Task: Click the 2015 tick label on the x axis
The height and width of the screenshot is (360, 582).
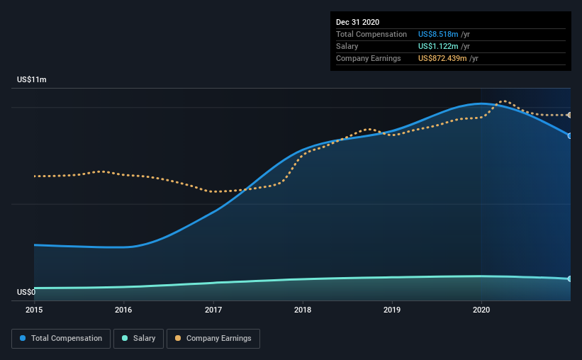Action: pyautogui.click(x=34, y=310)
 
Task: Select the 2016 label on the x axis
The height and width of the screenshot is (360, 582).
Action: pyautogui.click(x=123, y=310)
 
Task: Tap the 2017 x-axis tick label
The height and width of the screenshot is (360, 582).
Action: pyautogui.click(x=213, y=310)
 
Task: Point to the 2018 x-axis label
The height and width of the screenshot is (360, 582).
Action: pyautogui.click(x=303, y=310)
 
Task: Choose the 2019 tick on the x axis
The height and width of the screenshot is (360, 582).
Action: pyautogui.click(x=392, y=310)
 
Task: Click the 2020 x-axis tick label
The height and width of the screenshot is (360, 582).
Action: pyautogui.click(x=481, y=310)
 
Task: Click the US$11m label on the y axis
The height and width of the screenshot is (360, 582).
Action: pyautogui.click(x=32, y=79)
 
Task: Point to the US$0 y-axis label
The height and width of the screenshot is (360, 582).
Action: pyautogui.click(x=26, y=292)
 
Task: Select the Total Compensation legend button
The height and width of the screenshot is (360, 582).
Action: pyautogui.click(x=61, y=339)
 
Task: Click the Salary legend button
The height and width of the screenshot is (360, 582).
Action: pyautogui.click(x=138, y=339)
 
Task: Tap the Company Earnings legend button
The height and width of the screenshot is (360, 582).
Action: pyautogui.click(x=213, y=339)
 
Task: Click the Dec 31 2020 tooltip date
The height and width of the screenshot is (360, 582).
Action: pyautogui.click(x=357, y=22)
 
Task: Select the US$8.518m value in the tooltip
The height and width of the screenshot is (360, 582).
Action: pyautogui.click(x=438, y=34)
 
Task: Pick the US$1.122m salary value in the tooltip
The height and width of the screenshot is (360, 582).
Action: pyautogui.click(x=438, y=46)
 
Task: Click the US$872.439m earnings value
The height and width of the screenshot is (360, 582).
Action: pyautogui.click(x=442, y=58)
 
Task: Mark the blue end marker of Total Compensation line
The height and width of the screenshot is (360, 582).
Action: pyautogui.click(x=569, y=136)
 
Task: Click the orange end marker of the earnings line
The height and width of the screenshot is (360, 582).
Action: pyautogui.click(x=569, y=115)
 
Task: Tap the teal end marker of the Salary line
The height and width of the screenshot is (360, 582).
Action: pyautogui.click(x=569, y=279)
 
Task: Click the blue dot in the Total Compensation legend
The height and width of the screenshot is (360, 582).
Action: pyautogui.click(x=23, y=338)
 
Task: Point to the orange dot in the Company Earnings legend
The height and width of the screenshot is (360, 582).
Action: pyautogui.click(x=178, y=338)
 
